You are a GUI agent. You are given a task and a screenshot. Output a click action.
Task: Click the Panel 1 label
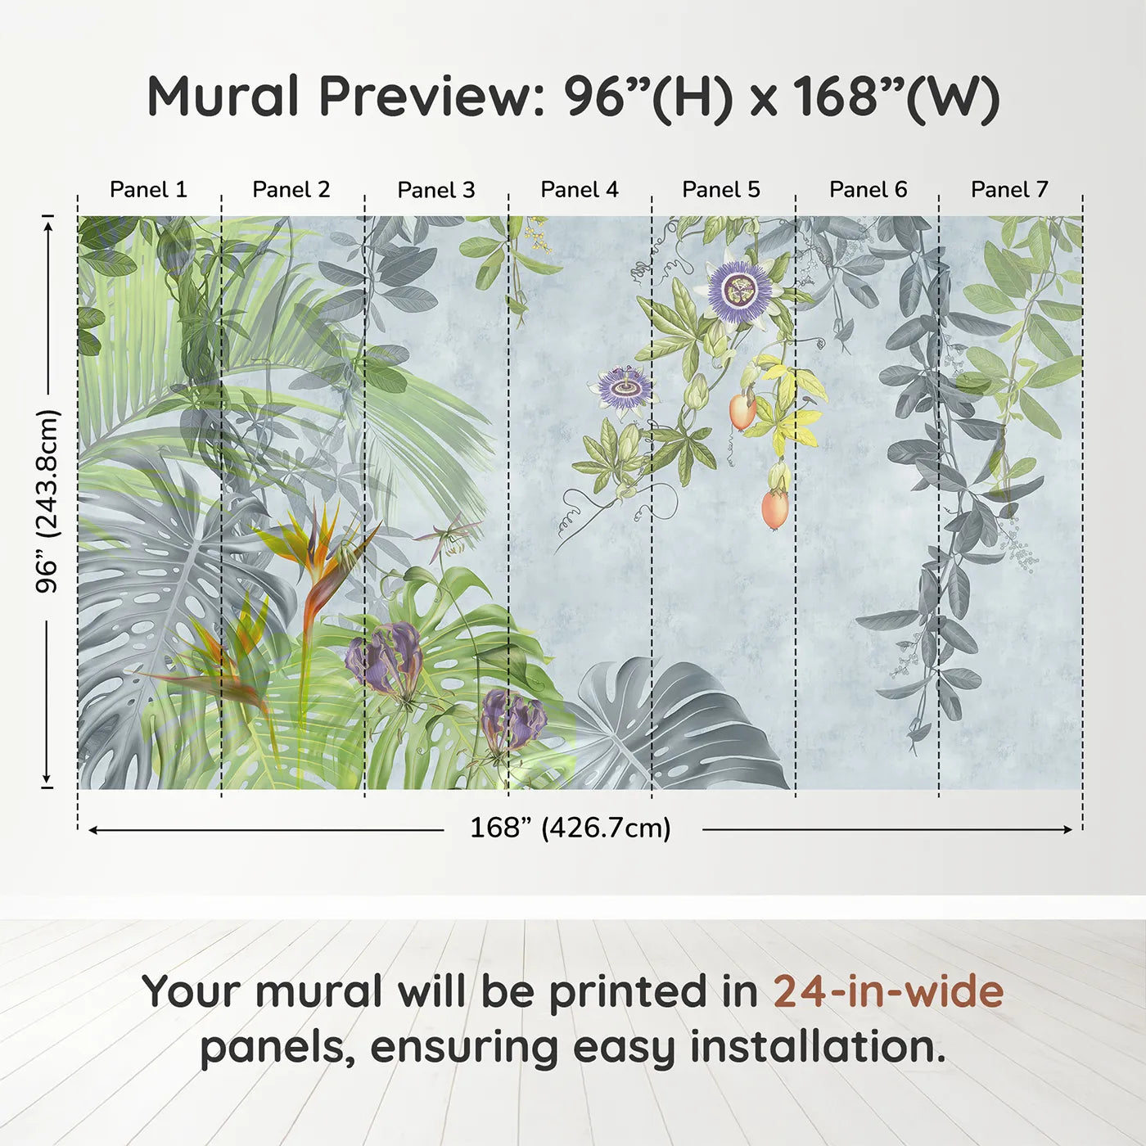148,190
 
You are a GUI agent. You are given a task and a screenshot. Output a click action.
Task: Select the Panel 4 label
580,190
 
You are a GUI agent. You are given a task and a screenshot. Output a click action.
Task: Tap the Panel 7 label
1009,190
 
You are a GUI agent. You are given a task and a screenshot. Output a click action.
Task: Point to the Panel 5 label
721,190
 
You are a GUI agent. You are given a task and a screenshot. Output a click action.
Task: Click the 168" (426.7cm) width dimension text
570,828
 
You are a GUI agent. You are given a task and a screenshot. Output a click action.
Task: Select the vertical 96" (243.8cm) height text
48,501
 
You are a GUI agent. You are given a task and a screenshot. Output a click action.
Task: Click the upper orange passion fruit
742,411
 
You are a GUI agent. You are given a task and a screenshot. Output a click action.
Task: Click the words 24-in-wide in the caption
888,991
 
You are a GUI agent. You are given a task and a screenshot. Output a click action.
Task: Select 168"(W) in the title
896,97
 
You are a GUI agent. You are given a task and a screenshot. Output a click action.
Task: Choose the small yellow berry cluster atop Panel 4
537,234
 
